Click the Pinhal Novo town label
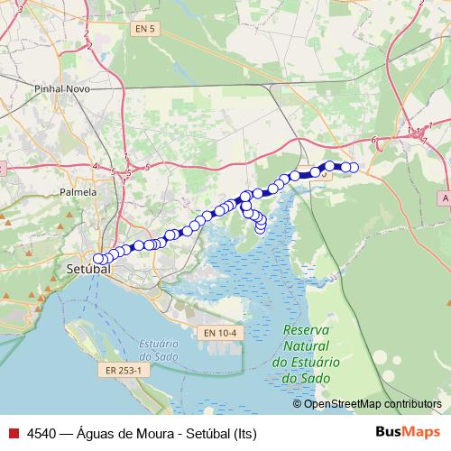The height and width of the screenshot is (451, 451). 59,90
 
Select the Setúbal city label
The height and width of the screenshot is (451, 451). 87,269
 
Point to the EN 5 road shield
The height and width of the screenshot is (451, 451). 144,30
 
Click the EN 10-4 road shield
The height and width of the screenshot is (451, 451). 219,333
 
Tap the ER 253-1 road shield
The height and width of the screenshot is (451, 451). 124,370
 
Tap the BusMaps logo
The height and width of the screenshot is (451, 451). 408,432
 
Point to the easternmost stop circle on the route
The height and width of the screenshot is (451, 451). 354,167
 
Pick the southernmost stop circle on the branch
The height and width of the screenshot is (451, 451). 261,229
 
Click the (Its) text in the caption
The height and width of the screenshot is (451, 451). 244,433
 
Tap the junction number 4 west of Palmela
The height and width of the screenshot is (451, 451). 95,166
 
